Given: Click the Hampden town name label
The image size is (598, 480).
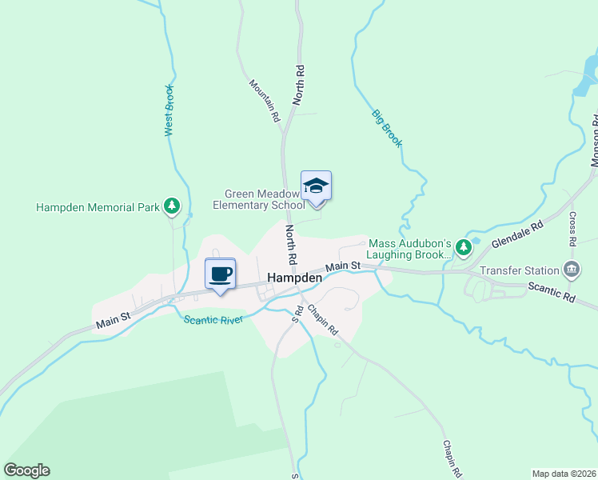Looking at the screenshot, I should click(294, 278).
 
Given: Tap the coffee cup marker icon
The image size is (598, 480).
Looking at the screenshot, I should click(220, 274).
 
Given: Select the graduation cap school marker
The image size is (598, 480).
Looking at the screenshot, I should click(316, 186).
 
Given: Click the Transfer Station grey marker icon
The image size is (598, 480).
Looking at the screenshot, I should click(572, 267).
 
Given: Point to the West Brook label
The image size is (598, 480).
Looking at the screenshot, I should click(169, 110).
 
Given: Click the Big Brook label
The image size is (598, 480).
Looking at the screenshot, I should click(386, 126).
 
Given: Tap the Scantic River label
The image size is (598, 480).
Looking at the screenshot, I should click(212, 320).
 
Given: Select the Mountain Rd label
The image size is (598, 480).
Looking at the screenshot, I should click(265, 100).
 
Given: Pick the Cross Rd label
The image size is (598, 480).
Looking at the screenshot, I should click(573, 228).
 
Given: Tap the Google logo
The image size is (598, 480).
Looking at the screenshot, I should click(26, 470).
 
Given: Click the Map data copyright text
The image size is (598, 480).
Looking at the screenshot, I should click(564, 474).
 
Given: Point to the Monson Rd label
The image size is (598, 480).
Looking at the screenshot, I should click(594, 140).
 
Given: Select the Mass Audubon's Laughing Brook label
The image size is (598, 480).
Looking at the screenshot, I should click(409, 250).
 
